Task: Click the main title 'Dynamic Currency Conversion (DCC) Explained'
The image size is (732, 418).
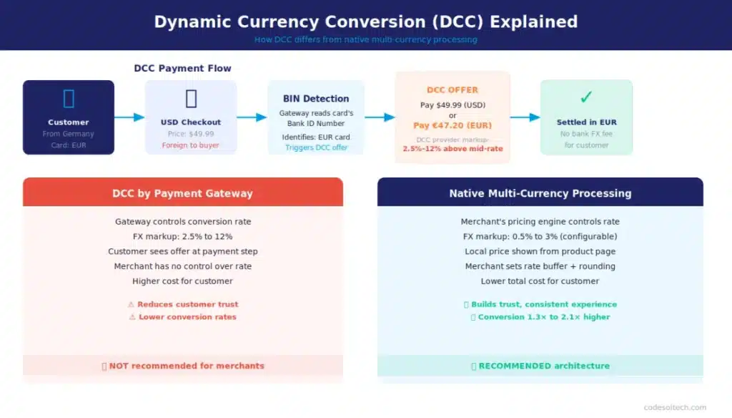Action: (365, 21)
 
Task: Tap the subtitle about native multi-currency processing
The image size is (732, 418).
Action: (365, 39)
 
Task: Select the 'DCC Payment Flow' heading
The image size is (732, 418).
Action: (182, 68)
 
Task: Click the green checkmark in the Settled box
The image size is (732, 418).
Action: (586, 97)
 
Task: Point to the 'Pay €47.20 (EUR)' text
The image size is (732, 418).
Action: (452, 125)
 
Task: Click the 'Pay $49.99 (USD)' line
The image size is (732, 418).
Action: (452, 105)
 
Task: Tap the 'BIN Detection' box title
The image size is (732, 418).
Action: (316, 99)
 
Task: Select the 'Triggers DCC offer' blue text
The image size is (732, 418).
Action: (316, 147)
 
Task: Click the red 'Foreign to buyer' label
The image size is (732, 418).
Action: (190, 145)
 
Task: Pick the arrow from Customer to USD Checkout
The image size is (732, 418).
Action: (129, 117)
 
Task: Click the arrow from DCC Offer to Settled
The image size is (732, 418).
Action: (525, 117)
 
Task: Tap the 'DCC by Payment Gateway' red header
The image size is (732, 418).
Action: (182, 193)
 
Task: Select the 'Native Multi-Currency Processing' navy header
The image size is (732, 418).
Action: (540, 193)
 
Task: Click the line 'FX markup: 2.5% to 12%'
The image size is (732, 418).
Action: (182, 236)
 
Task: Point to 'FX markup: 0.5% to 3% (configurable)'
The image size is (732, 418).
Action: (540, 236)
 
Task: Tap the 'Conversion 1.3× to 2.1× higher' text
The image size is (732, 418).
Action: (543, 317)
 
